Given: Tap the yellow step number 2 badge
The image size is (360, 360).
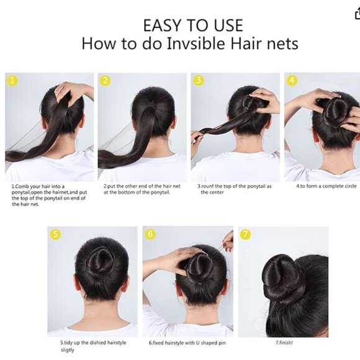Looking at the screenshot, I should [106, 80].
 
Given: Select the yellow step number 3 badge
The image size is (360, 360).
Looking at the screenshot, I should [199, 80].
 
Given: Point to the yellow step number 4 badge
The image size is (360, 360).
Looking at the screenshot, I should [292, 80].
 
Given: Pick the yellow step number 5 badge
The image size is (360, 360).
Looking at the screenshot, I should [56, 234].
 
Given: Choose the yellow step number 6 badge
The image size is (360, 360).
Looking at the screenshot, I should [150, 234].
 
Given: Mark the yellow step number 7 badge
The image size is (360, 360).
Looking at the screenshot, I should [245, 234].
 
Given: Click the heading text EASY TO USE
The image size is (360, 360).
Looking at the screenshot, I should [192, 25].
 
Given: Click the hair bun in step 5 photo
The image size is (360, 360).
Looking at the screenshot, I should [100, 261].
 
